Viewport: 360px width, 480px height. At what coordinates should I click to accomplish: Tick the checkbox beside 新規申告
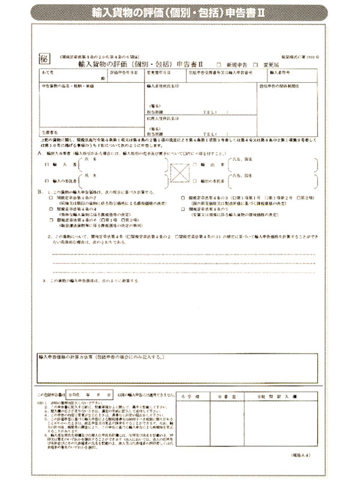pos(219,64)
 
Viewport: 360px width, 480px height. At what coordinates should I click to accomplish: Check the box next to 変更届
pos(256,64)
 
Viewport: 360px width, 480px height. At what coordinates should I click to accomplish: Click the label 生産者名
pos(49,131)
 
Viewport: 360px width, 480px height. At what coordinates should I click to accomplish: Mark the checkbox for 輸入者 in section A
pos(47,163)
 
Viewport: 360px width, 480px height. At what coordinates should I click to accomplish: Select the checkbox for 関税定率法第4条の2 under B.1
pos(52,197)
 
